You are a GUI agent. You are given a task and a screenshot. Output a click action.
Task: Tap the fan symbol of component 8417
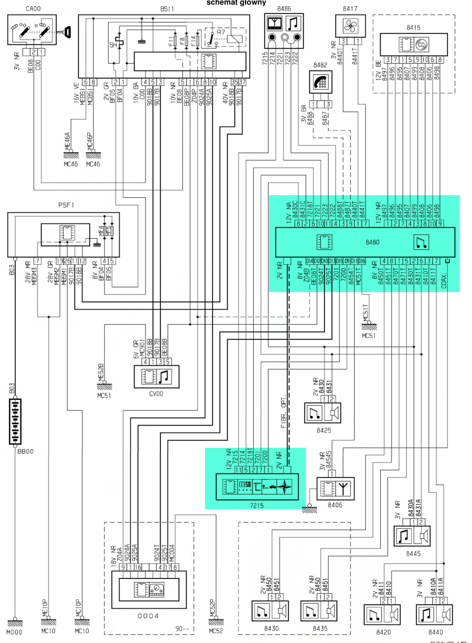tap(350, 25)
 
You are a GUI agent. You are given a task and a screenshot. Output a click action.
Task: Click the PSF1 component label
tap(66, 206)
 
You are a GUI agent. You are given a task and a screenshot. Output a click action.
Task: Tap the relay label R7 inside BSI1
tap(220, 32)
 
